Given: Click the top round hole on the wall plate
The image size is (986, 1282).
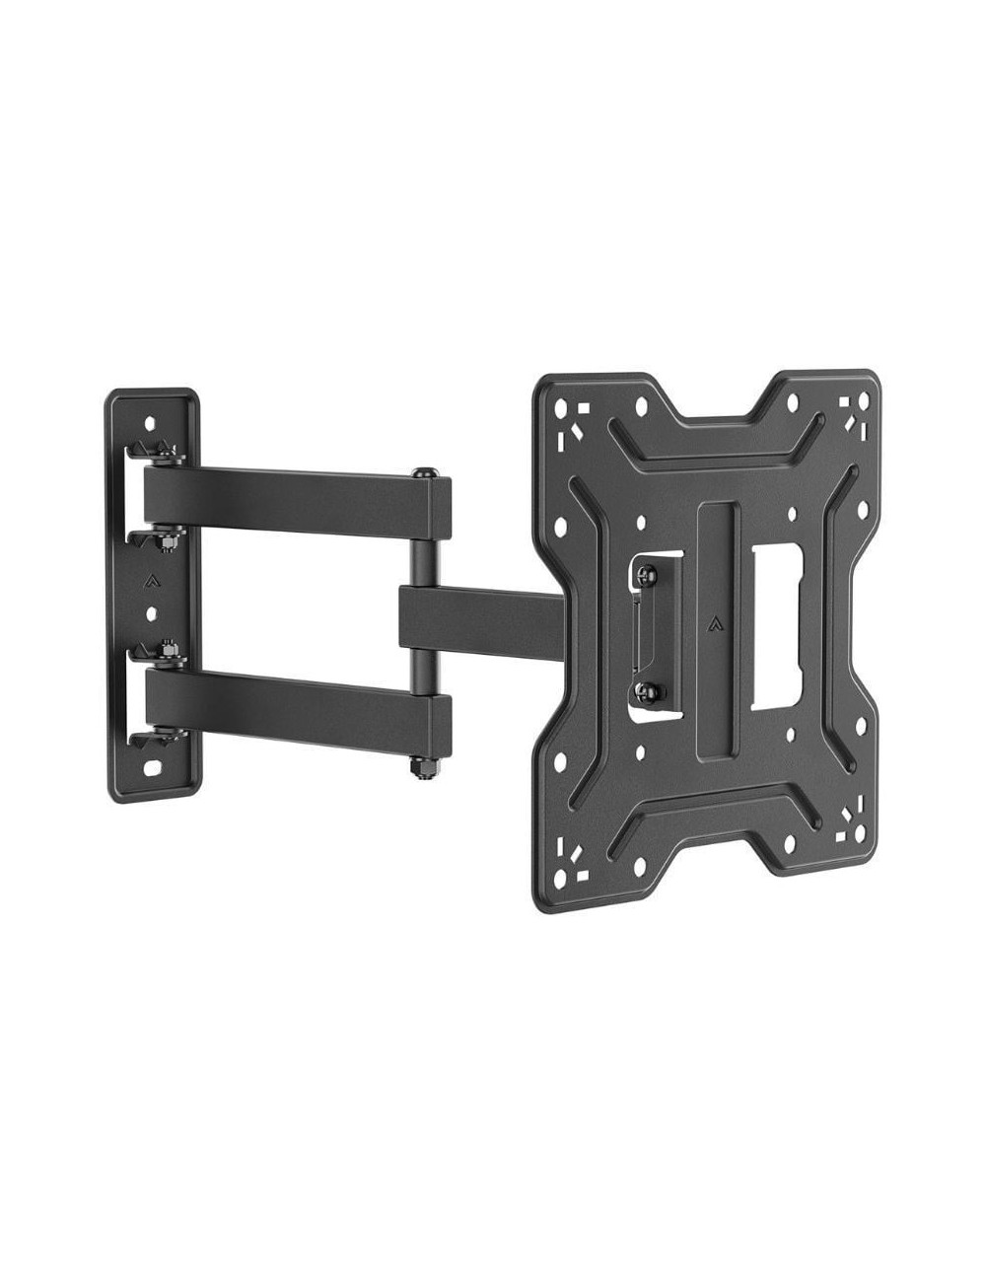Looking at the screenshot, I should click(x=151, y=421).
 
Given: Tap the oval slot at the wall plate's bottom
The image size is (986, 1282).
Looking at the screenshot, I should click(x=153, y=766).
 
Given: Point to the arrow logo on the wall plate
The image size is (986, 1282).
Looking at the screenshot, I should click(x=151, y=580).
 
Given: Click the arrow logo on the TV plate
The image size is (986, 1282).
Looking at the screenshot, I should click(x=713, y=623).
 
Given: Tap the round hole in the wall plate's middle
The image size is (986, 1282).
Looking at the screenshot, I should click(x=151, y=613).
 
